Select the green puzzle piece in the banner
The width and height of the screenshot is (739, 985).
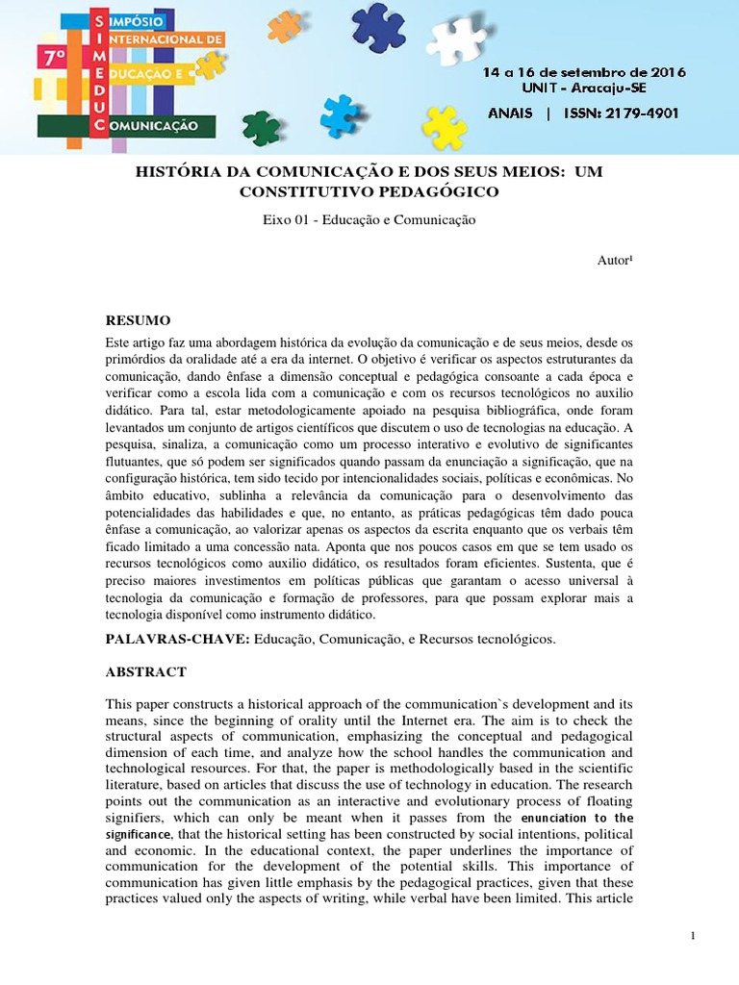[x=262, y=127]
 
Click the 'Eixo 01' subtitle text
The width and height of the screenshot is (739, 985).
[x=290, y=219]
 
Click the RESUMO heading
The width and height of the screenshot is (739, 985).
[x=138, y=319]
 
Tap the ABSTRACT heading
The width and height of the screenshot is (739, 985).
[x=145, y=671]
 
